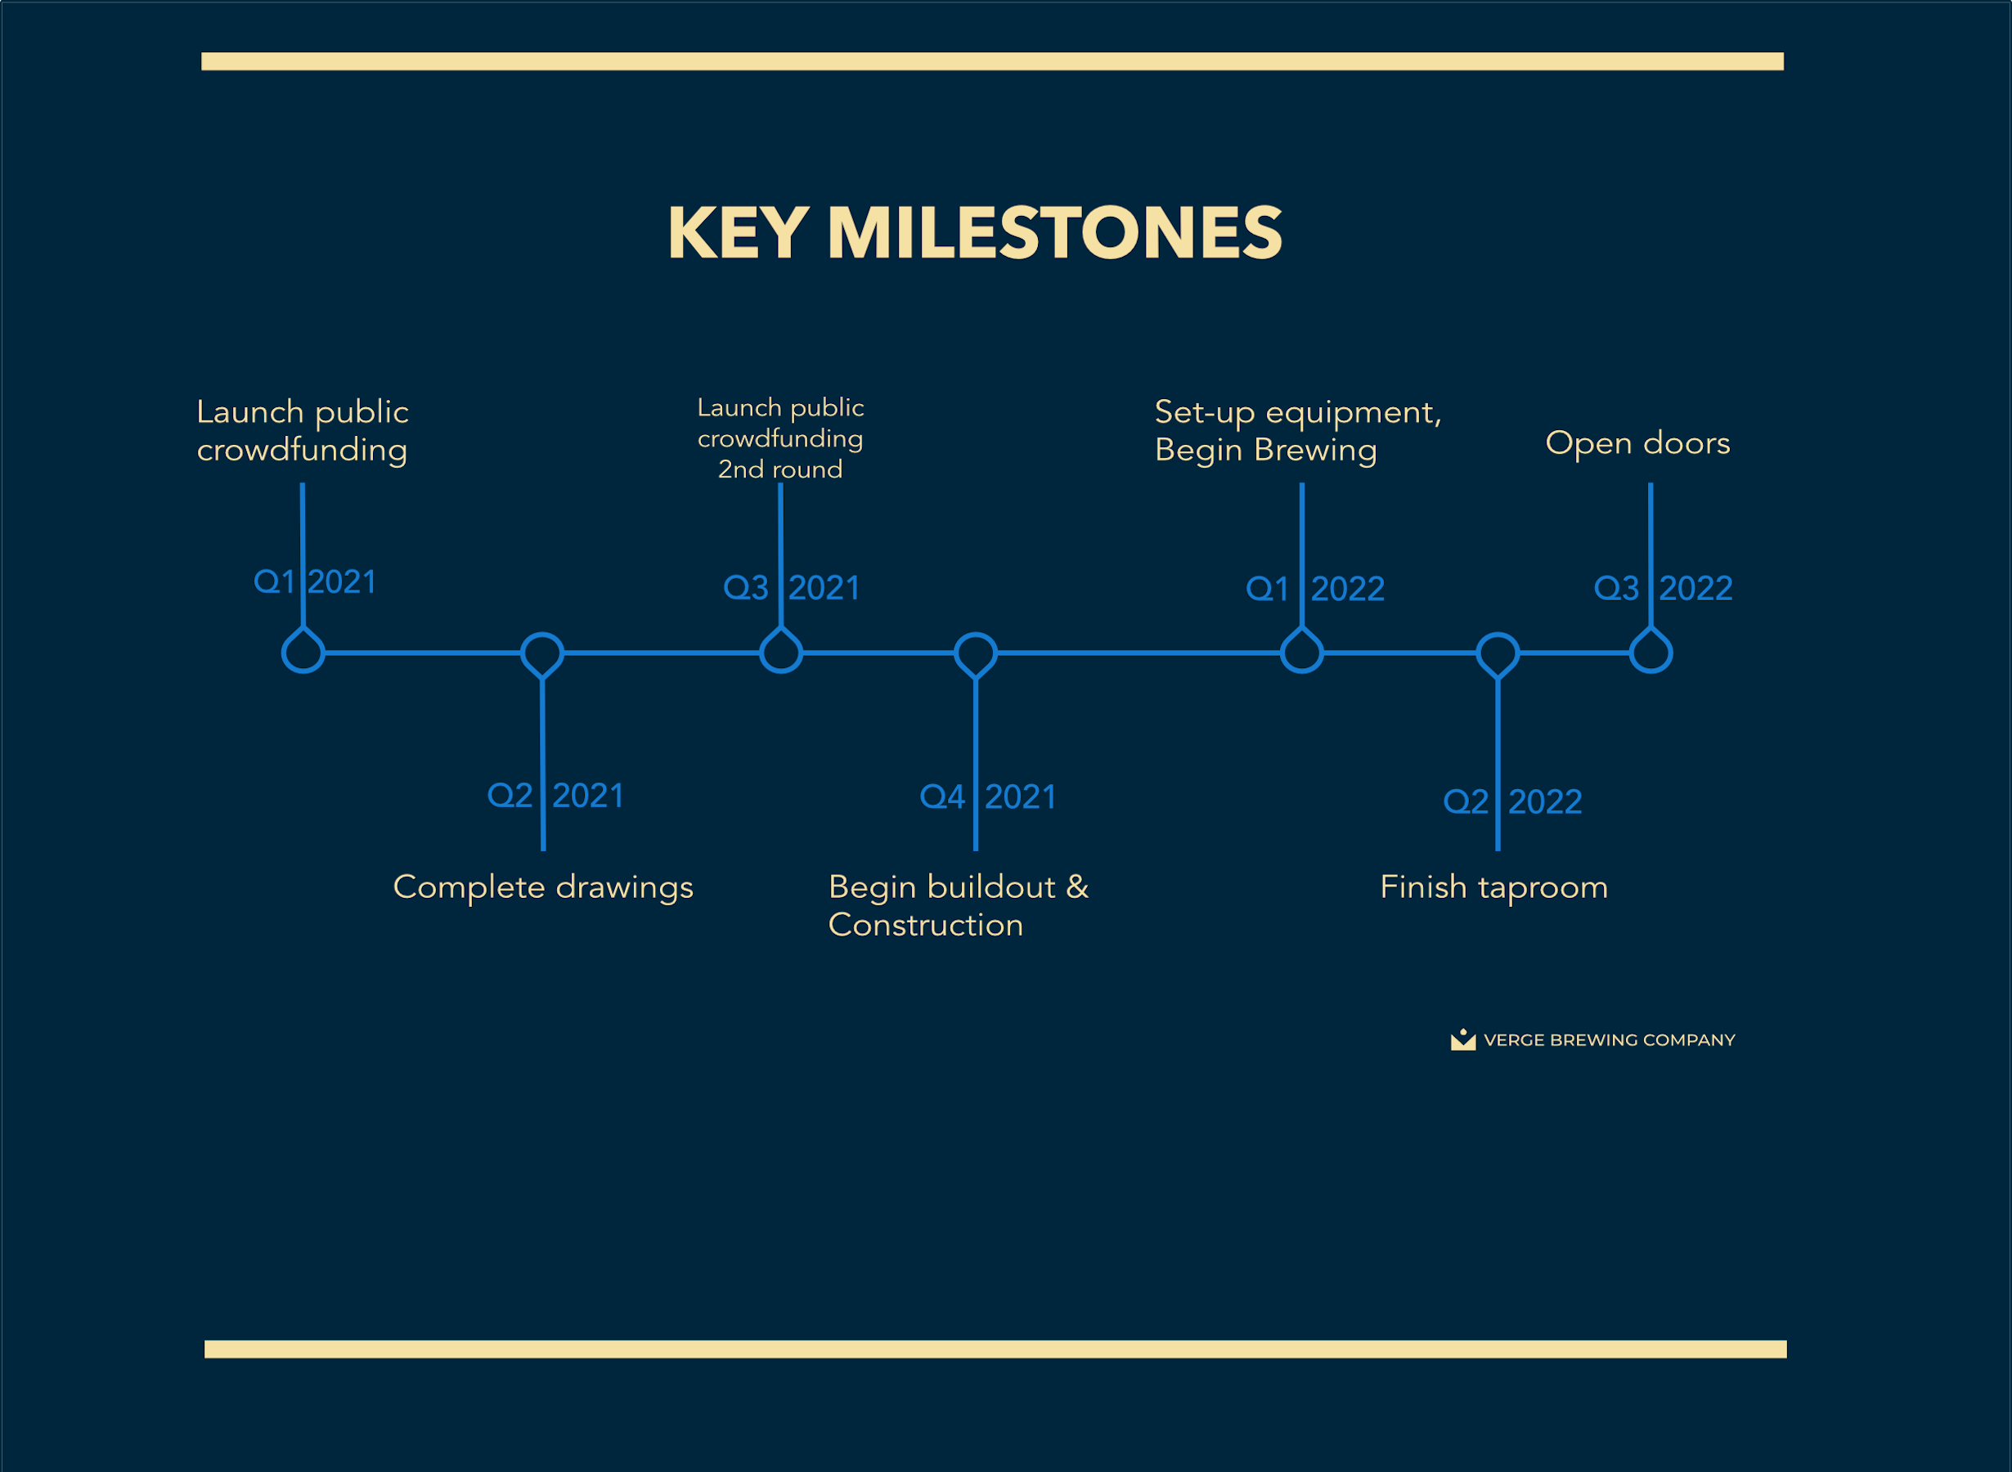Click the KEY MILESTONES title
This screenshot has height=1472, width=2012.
click(x=975, y=232)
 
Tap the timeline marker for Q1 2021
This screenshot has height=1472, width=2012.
click(x=283, y=654)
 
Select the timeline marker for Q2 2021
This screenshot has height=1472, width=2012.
click(x=521, y=654)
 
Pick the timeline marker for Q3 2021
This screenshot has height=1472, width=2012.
click(x=761, y=654)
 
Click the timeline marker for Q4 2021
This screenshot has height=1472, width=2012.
click(x=955, y=654)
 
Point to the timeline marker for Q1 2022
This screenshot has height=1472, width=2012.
click(x=1282, y=654)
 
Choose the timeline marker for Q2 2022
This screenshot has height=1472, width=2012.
click(x=1477, y=654)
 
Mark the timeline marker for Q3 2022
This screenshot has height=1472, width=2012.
click(x=1631, y=654)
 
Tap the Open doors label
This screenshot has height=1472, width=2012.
click(x=1637, y=443)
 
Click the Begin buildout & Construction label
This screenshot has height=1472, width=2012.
click(x=959, y=906)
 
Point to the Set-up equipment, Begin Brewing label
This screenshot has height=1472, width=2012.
click(x=1298, y=431)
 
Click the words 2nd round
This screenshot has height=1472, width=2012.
click(x=780, y=469)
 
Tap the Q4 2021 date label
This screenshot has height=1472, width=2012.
click(x=988, y=797)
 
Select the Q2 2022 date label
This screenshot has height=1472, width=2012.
click(x=1513, y=802)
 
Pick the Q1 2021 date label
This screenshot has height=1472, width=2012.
click(x=316, y=582)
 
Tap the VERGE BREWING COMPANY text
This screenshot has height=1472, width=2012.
click(x=1610, y=1040)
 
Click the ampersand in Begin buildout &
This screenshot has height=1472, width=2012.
click(x=1077, y=886)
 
